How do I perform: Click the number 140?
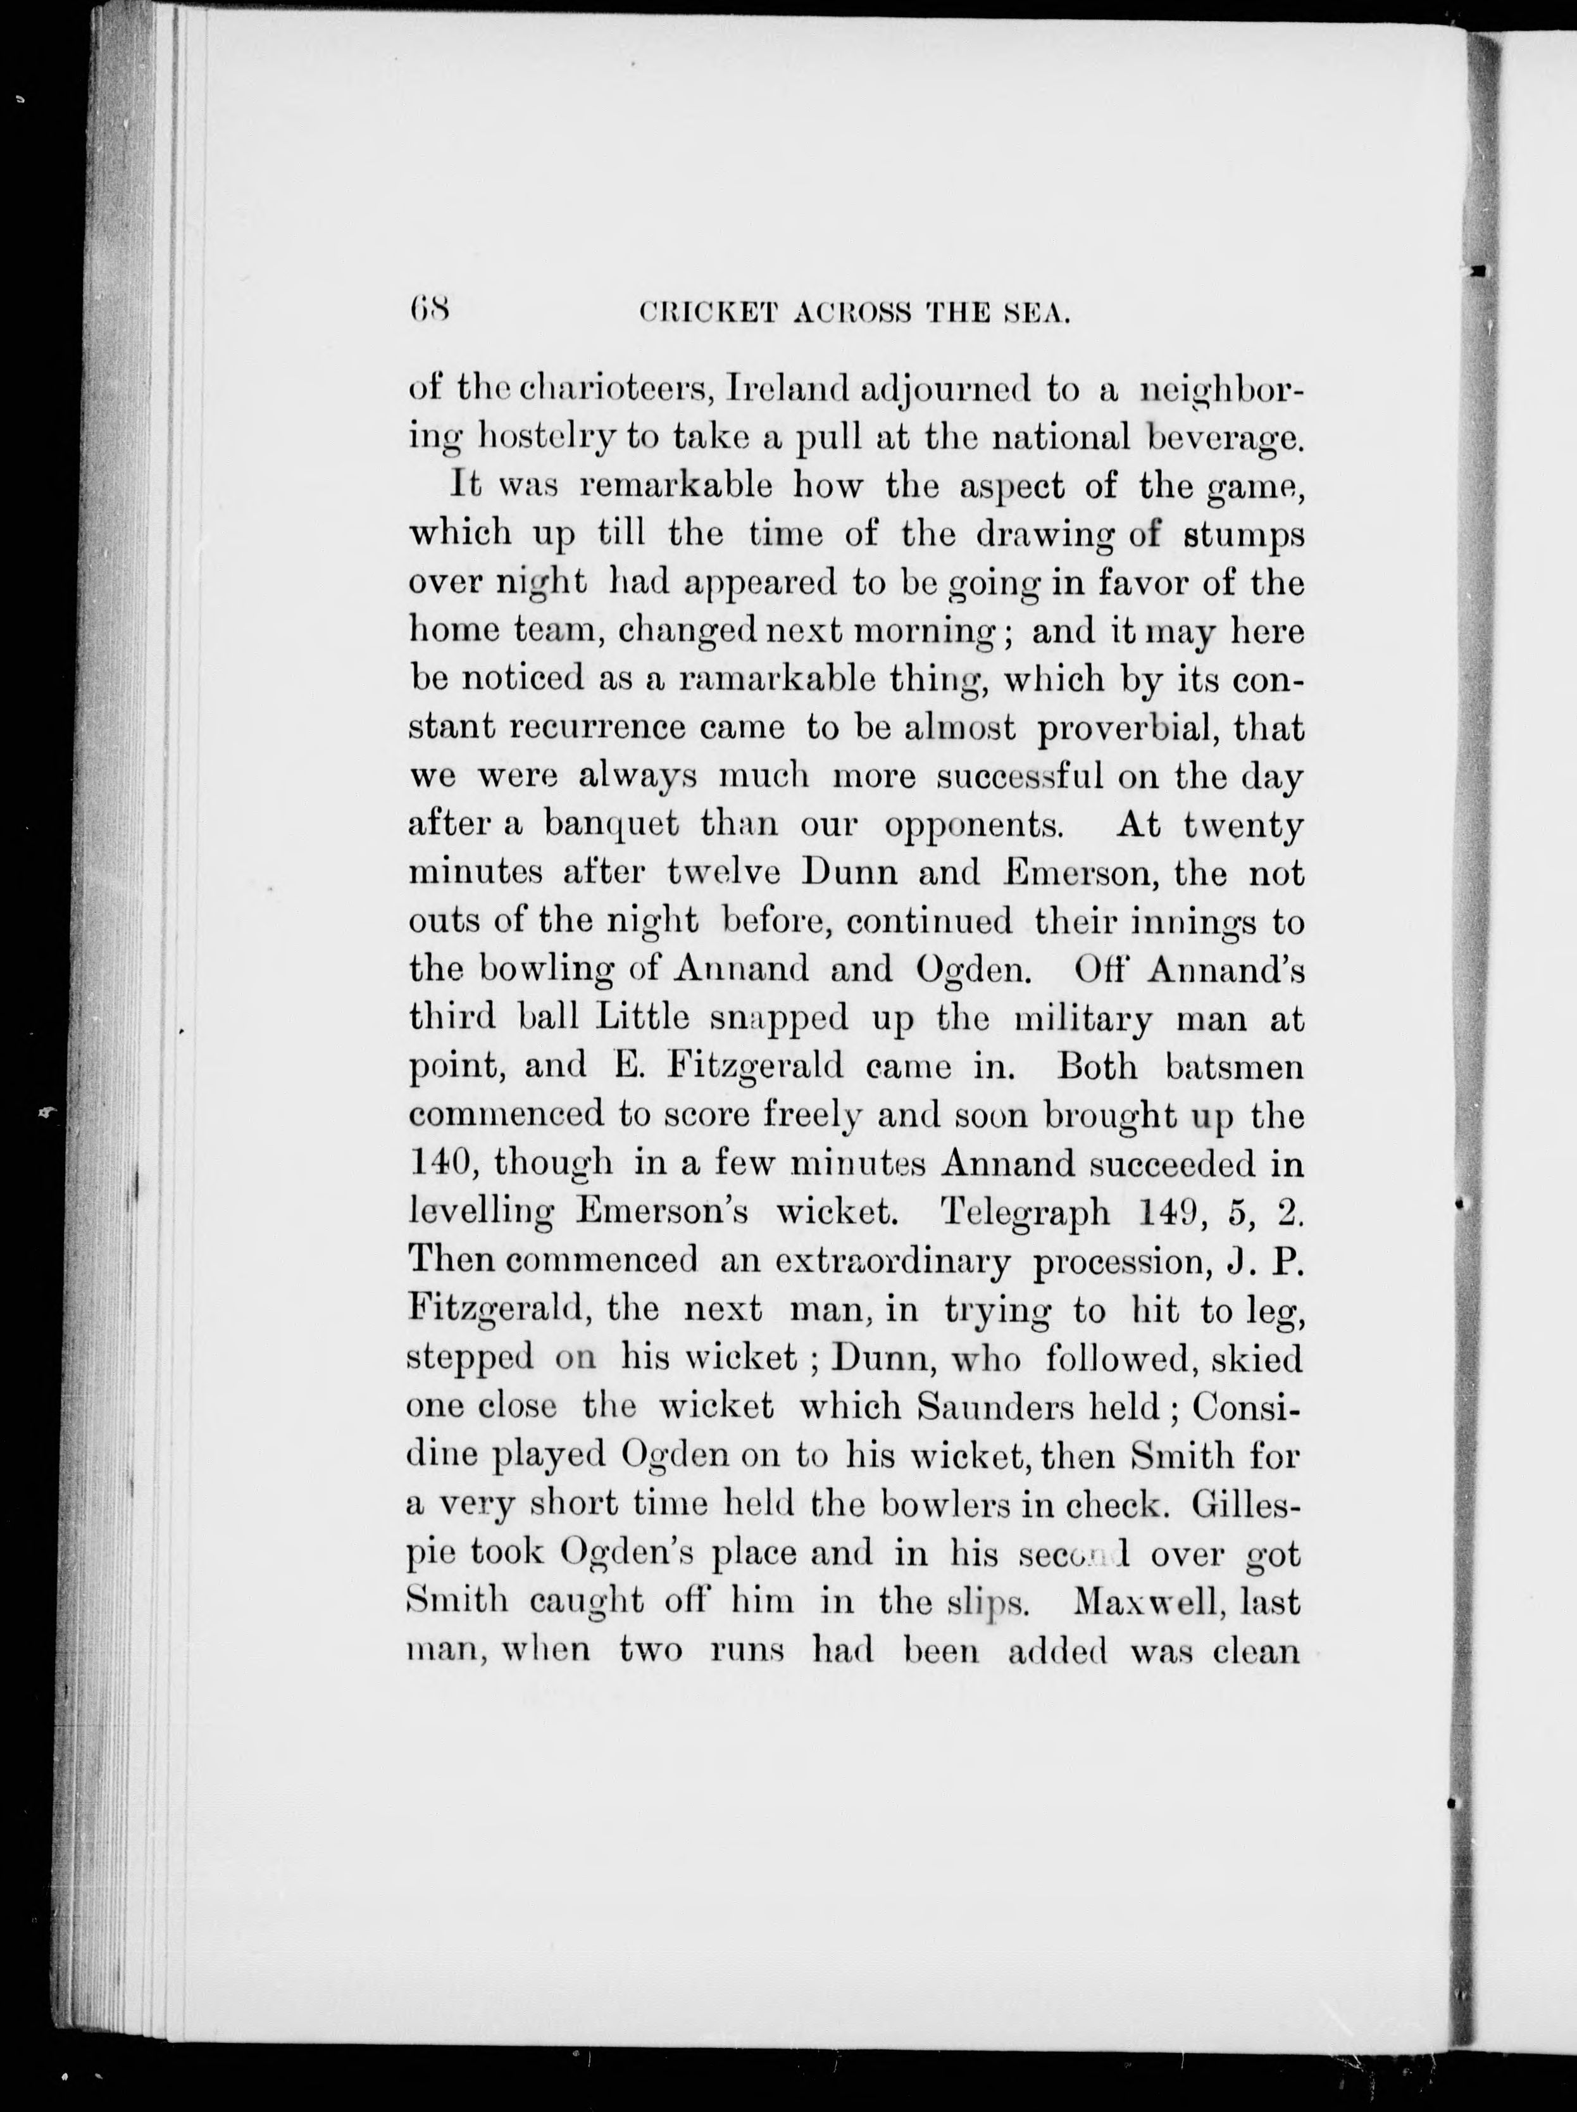(437, 1164)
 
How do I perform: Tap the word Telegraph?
(1025, 1212)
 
